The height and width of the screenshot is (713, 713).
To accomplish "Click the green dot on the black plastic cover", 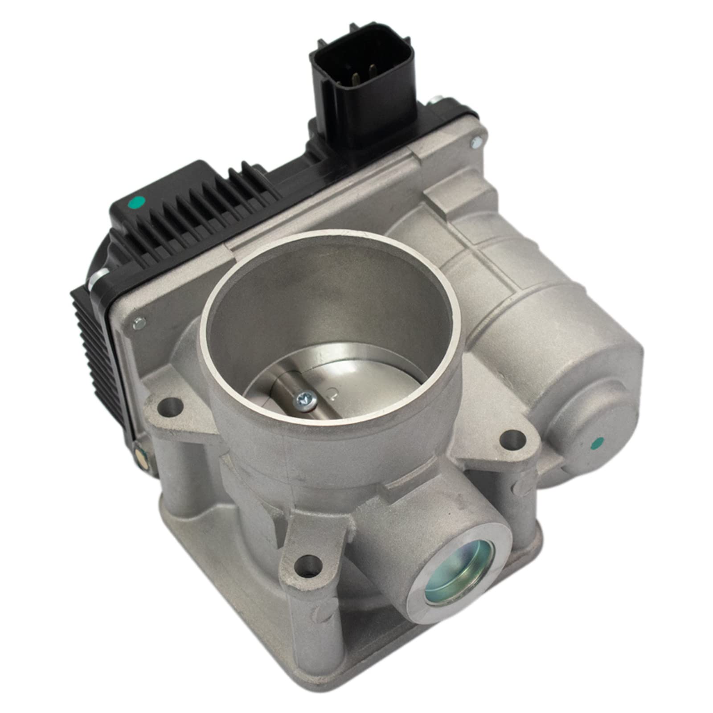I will point(138,204).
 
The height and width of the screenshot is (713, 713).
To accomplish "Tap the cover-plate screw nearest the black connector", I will point(475,143).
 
